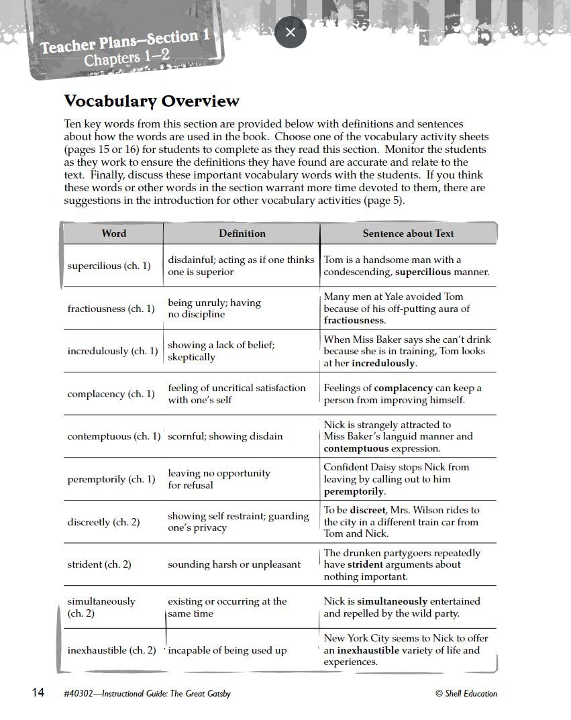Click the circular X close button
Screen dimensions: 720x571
click(291, 33)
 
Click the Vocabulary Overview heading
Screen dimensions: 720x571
click(151, 101)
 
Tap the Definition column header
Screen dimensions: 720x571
click(242, 234)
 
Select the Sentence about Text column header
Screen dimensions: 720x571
click(408, 234)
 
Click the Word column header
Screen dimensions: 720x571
click(113, 234)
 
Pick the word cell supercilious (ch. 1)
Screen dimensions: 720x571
click(109, 266)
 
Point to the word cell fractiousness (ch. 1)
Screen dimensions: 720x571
click(111, 309)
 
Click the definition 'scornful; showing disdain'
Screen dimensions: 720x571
click(225, 436)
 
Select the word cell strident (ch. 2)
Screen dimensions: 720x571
click(99, 564)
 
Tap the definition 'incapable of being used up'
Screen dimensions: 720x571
click(227, 650)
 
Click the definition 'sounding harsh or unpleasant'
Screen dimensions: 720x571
click(233, 564)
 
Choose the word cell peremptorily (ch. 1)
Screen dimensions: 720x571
click(111, 479)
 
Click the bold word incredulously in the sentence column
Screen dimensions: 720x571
click(383, 363)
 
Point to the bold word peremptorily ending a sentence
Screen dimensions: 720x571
click(354, 491)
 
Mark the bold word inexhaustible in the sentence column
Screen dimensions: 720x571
click(368, 650)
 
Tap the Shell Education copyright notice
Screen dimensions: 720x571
click(466, 694)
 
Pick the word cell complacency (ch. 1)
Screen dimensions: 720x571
click(111, 394)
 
